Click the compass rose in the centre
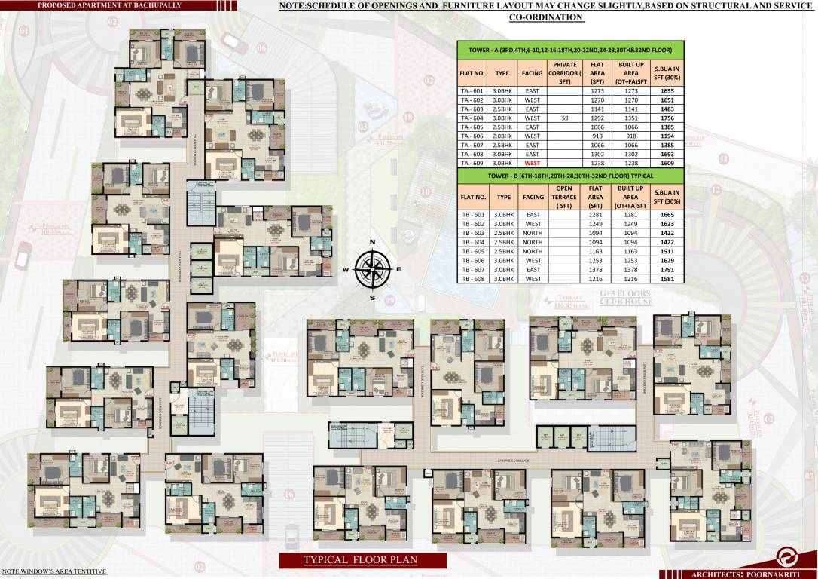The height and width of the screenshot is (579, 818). pos(372,268)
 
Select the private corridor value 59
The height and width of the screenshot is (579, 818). pos(564,118)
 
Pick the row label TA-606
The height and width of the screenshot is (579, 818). pos(472,136)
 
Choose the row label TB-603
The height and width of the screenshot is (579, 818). pos(472,233)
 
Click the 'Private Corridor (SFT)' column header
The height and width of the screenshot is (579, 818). pos(564,73)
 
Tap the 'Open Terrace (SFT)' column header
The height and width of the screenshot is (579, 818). pos(564,197)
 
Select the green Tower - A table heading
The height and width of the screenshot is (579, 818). pos(570,50)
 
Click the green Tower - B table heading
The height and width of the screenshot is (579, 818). pos(570,175)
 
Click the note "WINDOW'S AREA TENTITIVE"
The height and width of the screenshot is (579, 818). pos(53,573)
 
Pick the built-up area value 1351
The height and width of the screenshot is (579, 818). pos(631,118)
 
